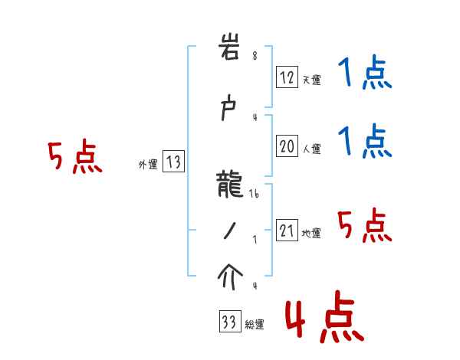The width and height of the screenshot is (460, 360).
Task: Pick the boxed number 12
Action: click(x=287, y=77)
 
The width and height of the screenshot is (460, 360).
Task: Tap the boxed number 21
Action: click(x=287, y=231)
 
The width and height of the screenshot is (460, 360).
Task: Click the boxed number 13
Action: click(x=173, y=162)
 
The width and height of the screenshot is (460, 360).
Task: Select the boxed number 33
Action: click(x=228, y=322)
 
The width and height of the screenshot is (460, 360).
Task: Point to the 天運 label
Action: click(x=311, y=80)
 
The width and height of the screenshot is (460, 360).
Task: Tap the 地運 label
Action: click(x=311, y=233)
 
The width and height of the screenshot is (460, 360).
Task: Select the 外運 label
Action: click(x=147, y=164)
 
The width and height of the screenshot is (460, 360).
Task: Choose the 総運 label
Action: click(x=254, y=324)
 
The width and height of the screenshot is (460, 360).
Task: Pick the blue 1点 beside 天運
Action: click(x=364, y=74)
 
